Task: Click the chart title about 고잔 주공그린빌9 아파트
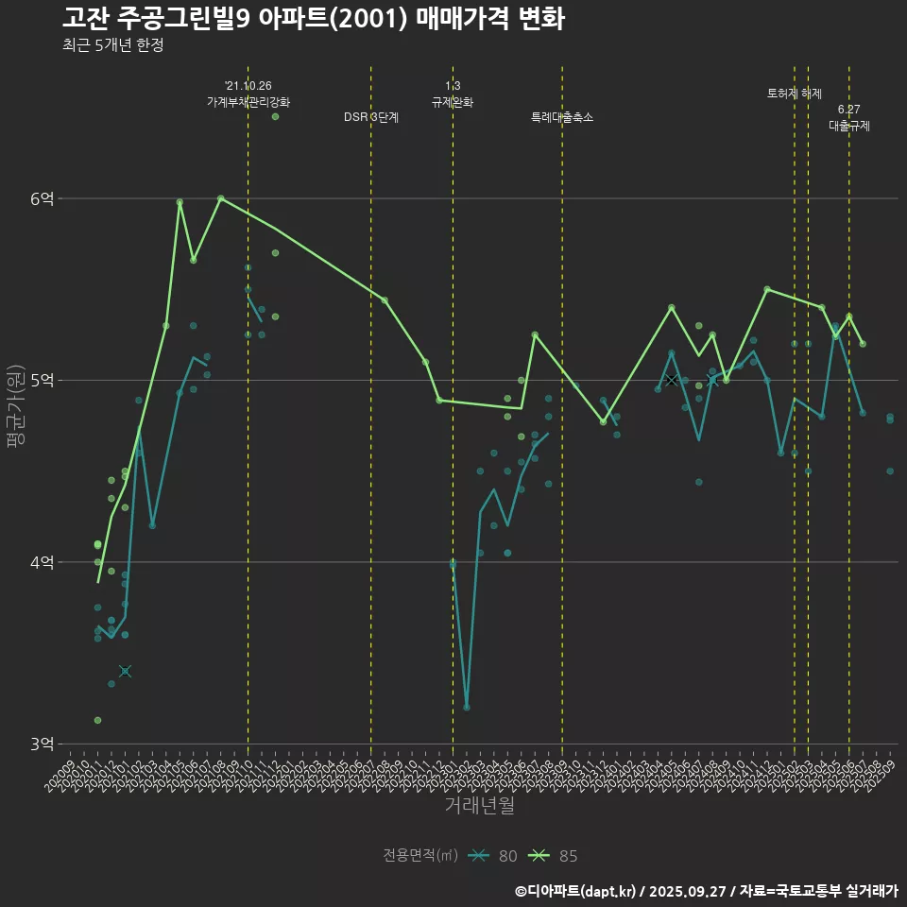(x=313, y=18)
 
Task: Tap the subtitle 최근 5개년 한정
(x=112, y=45)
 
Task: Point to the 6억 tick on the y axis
(x=42, y=198)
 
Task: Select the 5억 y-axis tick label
(x=42, y=381)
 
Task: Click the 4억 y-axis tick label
(x=42, y=562)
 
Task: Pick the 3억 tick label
(x=42, y=744)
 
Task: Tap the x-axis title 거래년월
(x=479, y=806)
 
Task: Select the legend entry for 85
(x=555, y=856)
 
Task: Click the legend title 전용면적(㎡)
(x=420, y=856)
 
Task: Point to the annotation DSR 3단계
(x=371, y=118)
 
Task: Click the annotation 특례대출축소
(x=562, y=118)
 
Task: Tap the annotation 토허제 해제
(x=795, y=94)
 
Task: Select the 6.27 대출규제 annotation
(x=849, y=117)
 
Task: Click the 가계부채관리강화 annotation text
(x=248, y=102)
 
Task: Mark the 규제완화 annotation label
(x=453, y=102)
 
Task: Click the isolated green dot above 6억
(x=275, y=116)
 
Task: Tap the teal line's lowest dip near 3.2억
(x=467, y=707)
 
